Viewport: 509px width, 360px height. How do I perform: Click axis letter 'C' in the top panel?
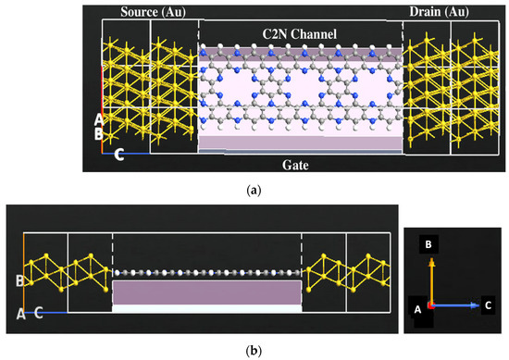point(119,155)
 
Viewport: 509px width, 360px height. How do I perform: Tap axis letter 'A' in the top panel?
point(99,119)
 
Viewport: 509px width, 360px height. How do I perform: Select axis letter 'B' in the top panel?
point(99,134)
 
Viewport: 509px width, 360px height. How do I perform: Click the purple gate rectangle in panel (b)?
point(207,292)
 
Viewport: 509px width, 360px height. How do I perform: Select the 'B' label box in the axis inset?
point(429,243)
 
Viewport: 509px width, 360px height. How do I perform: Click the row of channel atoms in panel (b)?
point(207,273)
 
